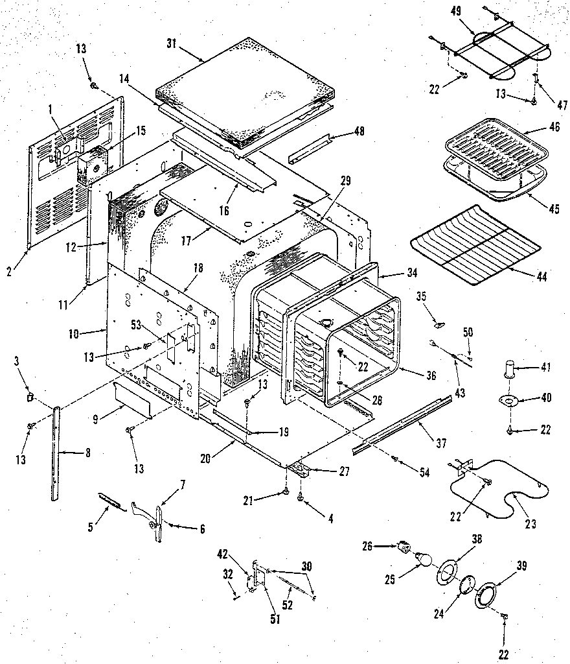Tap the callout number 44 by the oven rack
click(541, 277)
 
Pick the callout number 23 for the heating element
click(530, 524)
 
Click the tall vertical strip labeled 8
click(56, 454)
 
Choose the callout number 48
click(359, 132)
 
